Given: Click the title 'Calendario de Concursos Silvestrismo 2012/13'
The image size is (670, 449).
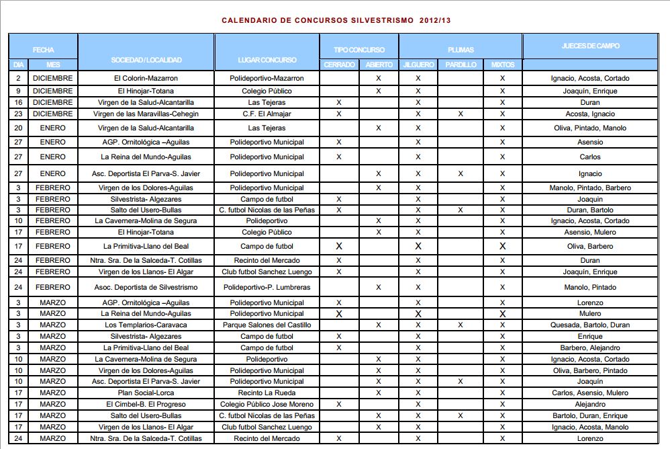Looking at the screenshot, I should (336, 21).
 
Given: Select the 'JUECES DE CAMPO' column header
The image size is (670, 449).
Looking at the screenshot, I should (590, 46).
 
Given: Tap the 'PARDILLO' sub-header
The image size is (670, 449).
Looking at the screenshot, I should (460, 65).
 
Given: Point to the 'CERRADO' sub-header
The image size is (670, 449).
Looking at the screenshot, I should (339, 65).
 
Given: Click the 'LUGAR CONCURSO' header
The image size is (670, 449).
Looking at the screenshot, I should (267, 60).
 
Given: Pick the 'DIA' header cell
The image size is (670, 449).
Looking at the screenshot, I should (18, 65).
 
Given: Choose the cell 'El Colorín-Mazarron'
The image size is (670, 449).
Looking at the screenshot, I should (146, 79).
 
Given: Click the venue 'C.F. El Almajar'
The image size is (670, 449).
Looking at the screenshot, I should (267, 114).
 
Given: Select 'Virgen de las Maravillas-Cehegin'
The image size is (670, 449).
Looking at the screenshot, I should (146, 114).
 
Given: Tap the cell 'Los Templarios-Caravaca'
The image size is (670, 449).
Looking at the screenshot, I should (146, 325).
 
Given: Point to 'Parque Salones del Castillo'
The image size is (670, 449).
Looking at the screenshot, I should (267, 325).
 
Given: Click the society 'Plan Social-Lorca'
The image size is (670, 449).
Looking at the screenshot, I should (146, 393).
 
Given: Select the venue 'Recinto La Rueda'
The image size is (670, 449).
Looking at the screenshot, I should (267, 393).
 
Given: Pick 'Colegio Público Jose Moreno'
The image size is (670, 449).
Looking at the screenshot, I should (267, 405).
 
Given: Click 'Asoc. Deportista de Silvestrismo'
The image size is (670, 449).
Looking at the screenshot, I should (146, 288).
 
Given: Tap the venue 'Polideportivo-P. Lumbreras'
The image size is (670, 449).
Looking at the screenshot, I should (267, 288).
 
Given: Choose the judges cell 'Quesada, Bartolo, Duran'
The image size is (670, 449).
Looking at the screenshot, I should (590, 325).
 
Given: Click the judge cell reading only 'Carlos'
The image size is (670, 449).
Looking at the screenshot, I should (590, 157).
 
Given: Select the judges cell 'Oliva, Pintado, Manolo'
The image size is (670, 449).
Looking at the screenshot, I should (590, 128).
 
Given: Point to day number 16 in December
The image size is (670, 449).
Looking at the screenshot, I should (18, 103).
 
